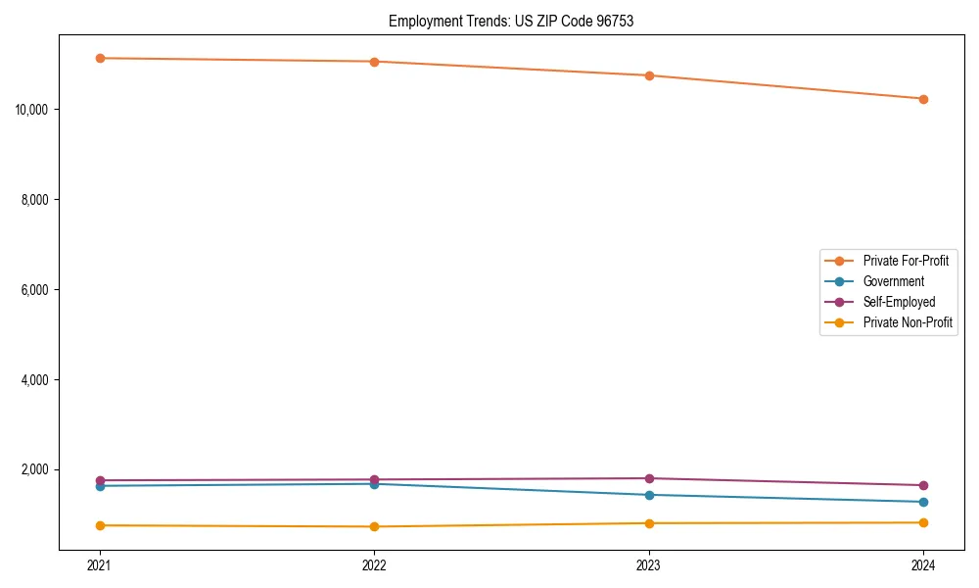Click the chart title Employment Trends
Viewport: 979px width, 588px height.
tap(511, 21)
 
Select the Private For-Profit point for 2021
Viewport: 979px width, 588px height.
tap(100, 58)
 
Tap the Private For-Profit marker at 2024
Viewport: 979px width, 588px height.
tap(923, 99)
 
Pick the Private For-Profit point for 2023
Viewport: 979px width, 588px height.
tap(649, 75)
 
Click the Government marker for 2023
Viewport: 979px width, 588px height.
tap(649, 495)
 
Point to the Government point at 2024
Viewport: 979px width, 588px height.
tap(923, 502)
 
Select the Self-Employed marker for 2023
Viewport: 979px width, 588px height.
tap(649, 478)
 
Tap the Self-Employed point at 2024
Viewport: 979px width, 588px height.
tap(923, 485)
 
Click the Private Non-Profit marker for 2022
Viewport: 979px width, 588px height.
tap(374, 526)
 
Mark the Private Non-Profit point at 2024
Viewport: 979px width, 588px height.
tap(923, 522)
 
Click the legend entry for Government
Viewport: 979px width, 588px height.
tap(893, 281)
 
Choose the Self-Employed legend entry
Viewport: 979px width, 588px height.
tap(899, 302)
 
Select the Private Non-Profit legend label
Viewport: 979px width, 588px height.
tap(908, 322)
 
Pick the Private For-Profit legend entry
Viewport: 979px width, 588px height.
tap(905, 261)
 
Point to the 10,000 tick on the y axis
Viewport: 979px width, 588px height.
tap(33, 109)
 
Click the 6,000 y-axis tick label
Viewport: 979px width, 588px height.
tap(36, 290)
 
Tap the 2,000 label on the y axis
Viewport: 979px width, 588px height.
tap(36, 470)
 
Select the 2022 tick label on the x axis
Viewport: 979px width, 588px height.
tap(374, 565)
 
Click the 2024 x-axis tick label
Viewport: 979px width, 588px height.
tap(923, 565)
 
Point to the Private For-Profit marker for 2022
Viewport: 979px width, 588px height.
tap(374, 62)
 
